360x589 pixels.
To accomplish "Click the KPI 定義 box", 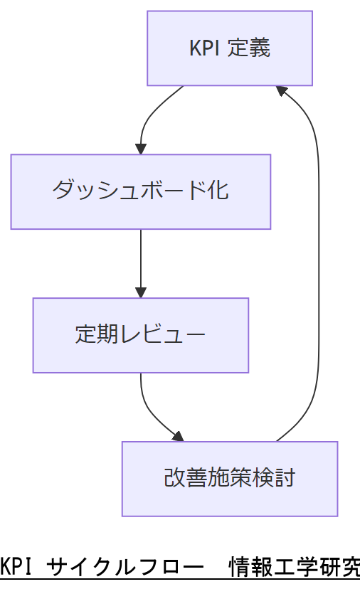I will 230,48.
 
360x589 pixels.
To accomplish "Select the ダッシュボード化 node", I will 141,192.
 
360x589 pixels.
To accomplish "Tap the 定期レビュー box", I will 141,335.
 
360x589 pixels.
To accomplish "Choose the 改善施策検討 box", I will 230,478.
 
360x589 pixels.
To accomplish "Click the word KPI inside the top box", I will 204,48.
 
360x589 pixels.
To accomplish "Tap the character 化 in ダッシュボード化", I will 220,192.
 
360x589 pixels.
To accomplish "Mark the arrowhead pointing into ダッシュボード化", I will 141,149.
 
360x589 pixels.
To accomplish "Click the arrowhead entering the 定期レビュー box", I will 141,292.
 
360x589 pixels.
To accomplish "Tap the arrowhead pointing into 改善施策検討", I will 179,437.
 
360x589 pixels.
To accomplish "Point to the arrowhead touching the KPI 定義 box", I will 282,90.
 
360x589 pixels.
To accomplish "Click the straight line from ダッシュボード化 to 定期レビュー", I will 141,256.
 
